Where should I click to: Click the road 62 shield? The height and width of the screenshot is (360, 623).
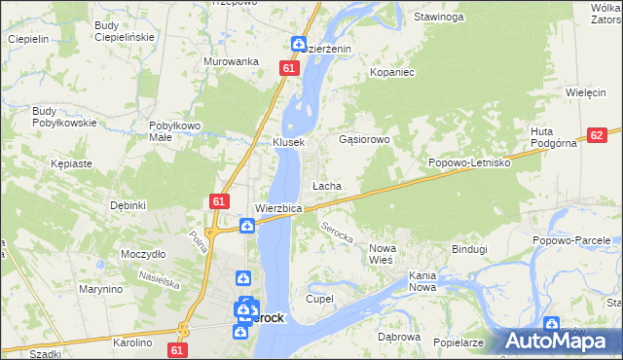coord(598,136)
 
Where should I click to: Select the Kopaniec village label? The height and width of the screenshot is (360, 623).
coord(392,73)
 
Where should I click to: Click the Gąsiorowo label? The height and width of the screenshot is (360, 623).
coord(364,140)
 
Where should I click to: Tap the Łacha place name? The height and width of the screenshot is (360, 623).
coord(325,185)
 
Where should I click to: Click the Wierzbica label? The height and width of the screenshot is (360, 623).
coord(278,208)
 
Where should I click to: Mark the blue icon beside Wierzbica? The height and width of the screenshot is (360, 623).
coord(248,226)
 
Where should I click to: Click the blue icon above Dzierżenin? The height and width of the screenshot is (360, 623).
coord(299,44)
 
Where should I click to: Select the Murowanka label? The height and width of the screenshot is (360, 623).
coord(231,61)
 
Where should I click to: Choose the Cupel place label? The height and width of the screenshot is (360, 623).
coord(320,299)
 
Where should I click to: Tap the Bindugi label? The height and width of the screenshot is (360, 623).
coord(468,249)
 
